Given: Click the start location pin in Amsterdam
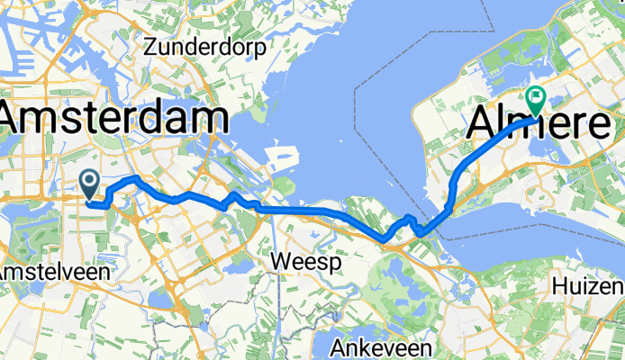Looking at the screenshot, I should pos(91,184).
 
